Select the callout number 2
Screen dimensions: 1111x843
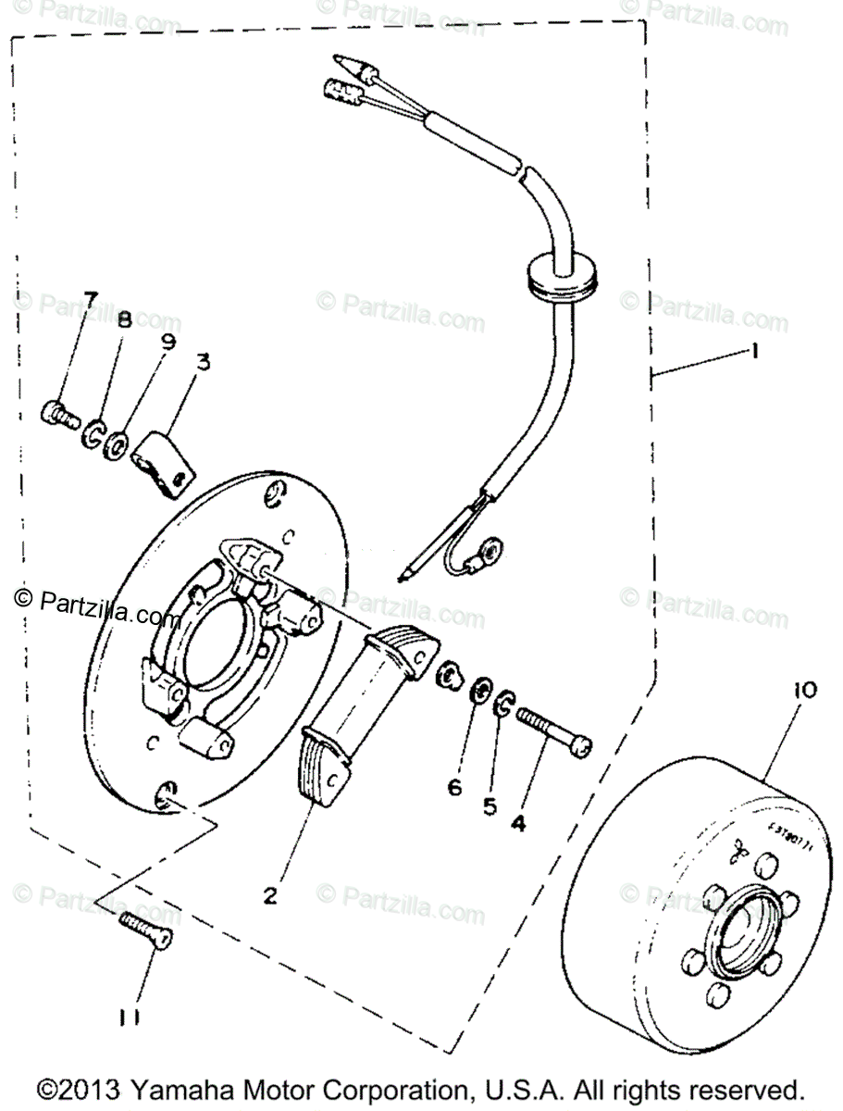tap(270, 895)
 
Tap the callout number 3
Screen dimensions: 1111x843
tap(202, 362)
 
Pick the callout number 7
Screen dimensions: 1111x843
tap(90, 299)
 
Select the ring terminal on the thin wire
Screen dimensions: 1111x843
tap(487, 555)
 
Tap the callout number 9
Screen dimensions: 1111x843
tap(167, 342)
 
